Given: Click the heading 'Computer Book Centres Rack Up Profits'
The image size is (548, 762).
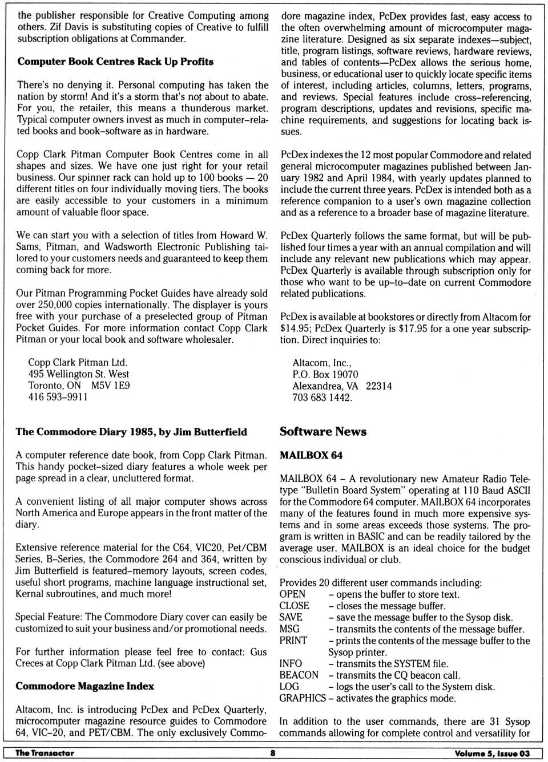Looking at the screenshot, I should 115,62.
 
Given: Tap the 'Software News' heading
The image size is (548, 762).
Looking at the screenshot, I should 323,432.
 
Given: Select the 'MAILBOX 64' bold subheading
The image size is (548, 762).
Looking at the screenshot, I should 311,456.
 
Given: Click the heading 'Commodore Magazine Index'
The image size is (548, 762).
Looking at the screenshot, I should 84,686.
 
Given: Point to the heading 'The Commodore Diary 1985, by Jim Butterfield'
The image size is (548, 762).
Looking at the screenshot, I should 131,432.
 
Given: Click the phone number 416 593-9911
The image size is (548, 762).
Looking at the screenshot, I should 58,397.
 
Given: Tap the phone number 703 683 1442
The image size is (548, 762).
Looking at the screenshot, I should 322,398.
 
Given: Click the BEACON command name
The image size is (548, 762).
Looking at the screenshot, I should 299,675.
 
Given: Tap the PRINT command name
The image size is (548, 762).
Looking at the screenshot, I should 293,641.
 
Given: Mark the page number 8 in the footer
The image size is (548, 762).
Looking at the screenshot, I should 273,753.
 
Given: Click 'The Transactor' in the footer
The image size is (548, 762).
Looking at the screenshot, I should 45,753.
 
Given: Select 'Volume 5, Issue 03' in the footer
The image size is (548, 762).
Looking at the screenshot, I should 492,753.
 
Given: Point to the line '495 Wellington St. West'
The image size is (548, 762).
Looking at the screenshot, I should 79,374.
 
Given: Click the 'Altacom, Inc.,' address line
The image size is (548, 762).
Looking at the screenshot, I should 322,363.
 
